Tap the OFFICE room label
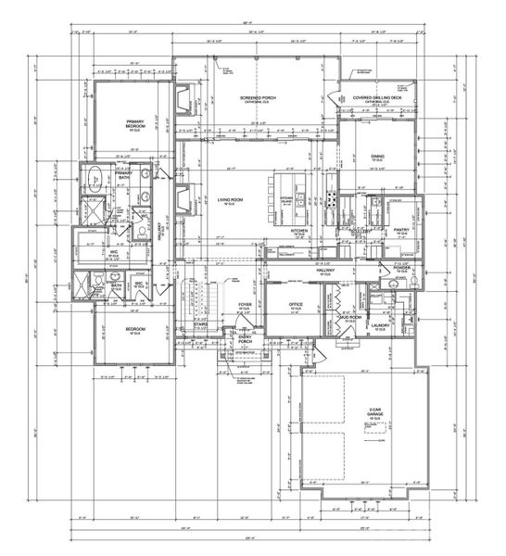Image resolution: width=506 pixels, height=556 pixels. coord(296,302)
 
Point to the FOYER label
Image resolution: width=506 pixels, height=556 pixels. coord(245,303)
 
